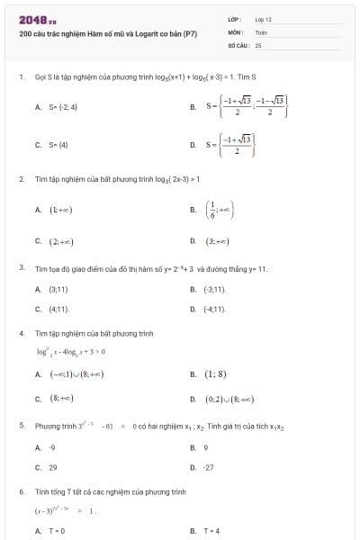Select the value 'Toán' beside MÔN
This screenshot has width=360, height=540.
click(x=261, y=31)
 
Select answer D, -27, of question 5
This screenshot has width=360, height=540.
click(x=209, y=467)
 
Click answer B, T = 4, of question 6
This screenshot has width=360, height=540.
click(x=212, y=531)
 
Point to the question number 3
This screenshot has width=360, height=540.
click(x=22, y=268)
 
